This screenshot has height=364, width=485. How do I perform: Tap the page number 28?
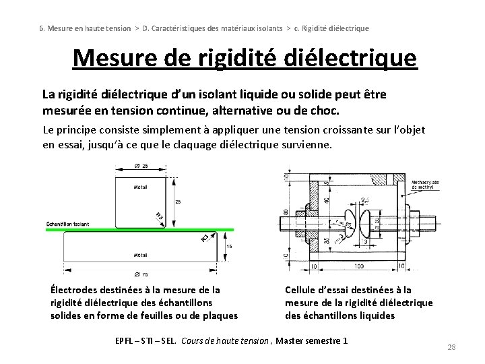[x=452, y=347]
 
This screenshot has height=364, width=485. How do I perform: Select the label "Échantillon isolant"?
[x=67, y=224]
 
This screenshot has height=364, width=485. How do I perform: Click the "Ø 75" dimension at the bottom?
[x=141, y=275]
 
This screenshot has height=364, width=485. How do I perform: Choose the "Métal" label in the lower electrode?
[x=141, y=255]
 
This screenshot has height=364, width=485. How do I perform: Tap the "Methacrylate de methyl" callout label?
[x=426, y=183]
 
